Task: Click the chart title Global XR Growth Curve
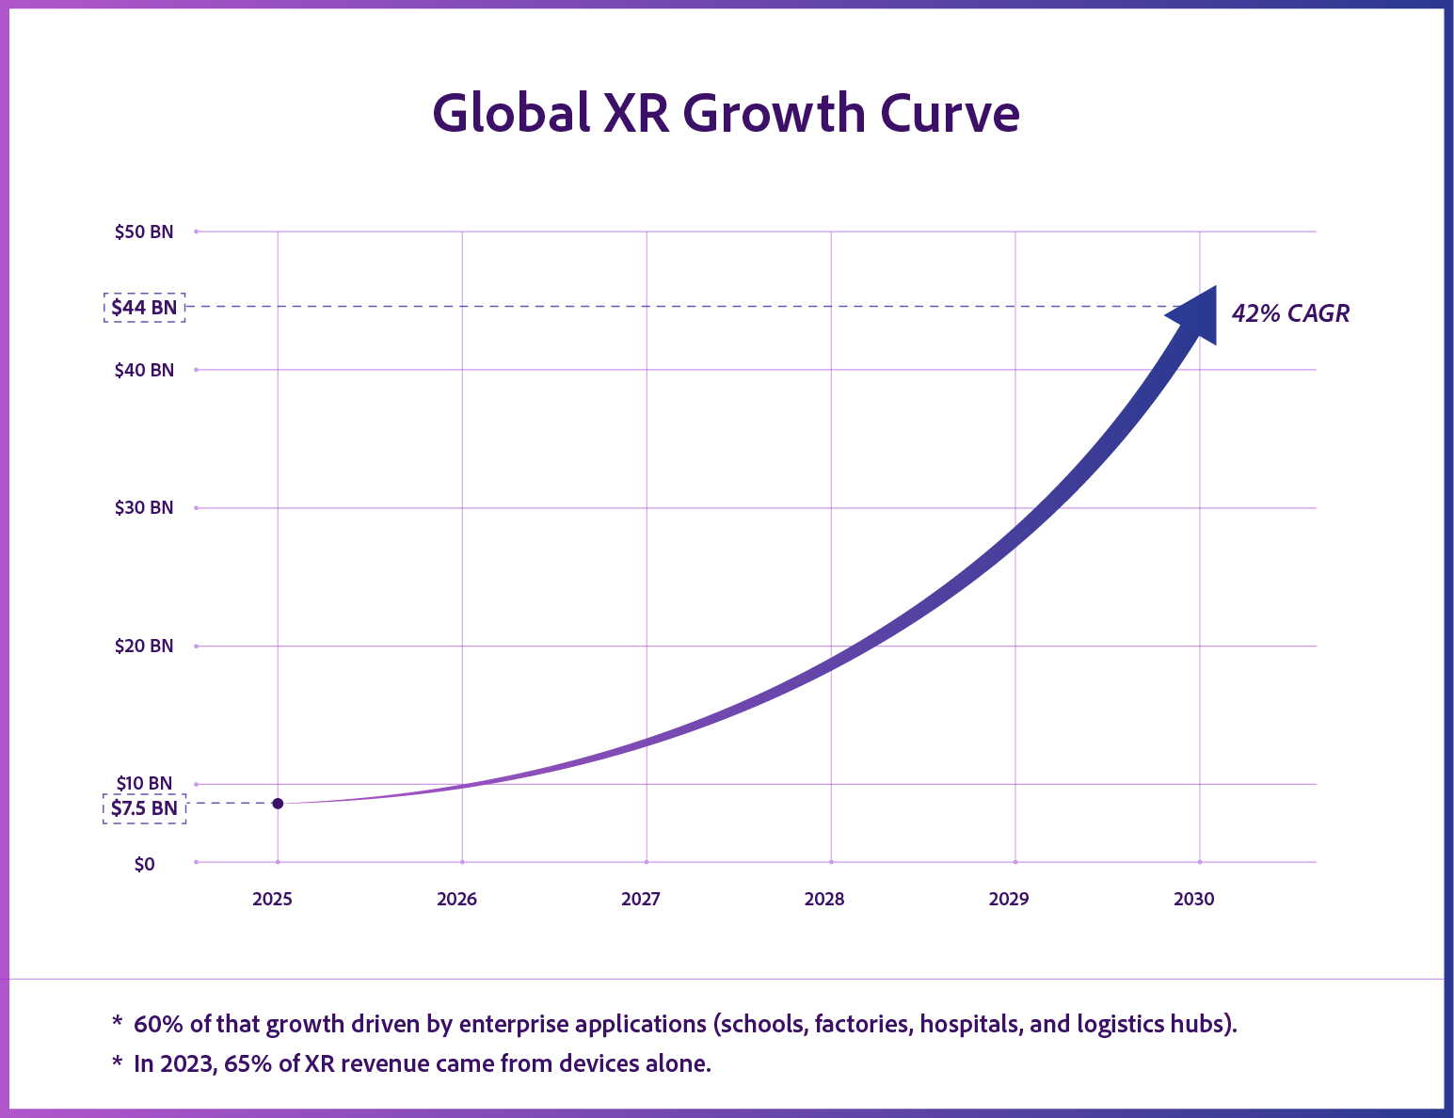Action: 726,114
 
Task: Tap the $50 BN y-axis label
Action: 144,232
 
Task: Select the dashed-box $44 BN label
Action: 144,308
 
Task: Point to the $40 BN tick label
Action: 144,370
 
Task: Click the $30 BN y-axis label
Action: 144,508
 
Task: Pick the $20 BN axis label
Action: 144,646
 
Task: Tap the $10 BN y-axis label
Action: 144,783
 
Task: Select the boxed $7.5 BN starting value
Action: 144,808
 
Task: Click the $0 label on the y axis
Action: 144,864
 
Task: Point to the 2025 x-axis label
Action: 272,900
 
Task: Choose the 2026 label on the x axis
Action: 456,900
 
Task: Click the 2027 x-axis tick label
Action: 641,900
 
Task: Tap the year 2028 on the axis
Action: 824,900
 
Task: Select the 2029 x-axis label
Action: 1009,900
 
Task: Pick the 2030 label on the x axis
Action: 1193,900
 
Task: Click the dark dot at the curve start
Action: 278,803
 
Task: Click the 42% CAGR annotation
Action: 1290,314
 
